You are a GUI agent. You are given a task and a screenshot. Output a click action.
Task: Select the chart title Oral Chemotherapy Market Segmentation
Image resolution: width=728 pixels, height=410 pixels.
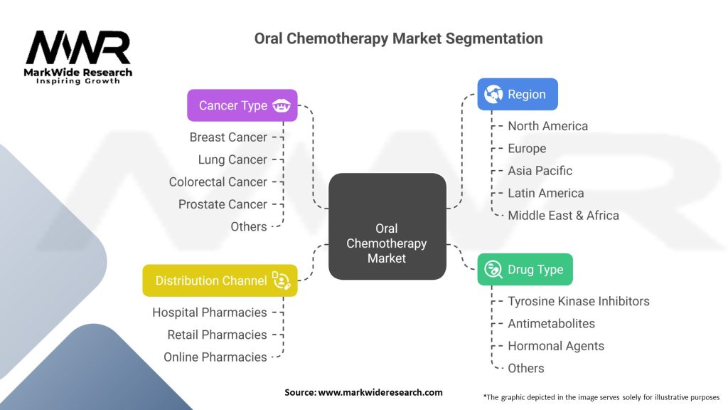click(398, 38)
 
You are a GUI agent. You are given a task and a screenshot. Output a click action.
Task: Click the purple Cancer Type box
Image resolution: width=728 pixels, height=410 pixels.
click(242, 105)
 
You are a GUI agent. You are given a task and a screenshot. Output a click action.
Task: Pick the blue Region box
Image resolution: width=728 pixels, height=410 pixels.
click(517, 94)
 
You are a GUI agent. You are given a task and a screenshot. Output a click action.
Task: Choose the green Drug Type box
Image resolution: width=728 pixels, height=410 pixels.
click(525, 270)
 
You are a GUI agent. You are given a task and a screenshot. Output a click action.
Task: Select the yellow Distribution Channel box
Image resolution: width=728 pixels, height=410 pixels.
click(220, 280)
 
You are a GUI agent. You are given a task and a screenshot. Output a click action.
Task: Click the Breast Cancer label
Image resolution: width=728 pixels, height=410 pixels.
click(228, 137)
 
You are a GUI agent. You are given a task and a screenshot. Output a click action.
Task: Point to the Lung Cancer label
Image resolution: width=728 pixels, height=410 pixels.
click(232, 159)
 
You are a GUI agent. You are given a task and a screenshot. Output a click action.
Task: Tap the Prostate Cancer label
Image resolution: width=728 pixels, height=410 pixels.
click(223, 204)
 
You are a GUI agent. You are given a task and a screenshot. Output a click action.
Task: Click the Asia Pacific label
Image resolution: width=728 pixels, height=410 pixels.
click(540, 171)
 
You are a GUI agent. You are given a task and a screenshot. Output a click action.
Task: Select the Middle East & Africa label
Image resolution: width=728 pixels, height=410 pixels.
click(563, 215)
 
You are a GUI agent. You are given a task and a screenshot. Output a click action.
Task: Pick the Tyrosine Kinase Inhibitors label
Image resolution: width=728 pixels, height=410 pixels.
click(578, 301)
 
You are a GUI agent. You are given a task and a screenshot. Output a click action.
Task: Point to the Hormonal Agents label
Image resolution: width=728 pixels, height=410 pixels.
click(555, 346)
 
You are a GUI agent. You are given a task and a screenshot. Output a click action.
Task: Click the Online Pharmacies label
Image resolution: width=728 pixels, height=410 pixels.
click(215, 357)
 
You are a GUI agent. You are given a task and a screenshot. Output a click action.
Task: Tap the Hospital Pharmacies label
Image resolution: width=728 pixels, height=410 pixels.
click(210, 312)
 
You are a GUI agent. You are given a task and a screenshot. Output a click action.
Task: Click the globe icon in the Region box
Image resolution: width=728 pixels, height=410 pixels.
click(493, 94)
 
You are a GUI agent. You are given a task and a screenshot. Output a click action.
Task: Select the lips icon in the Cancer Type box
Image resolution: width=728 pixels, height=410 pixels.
click(281, 105)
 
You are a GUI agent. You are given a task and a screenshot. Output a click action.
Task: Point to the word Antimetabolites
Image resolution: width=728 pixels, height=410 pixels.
click(551, 323)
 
